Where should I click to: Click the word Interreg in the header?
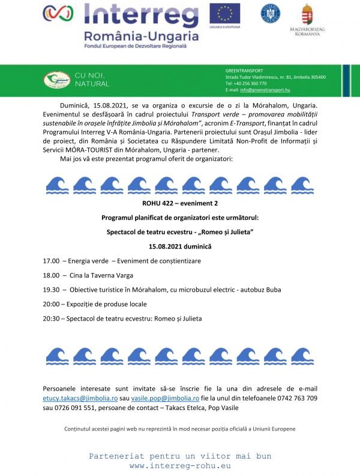click(x=141, y=14)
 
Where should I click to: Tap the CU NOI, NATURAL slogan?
click(x=92, y=79)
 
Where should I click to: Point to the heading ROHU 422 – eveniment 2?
click(x=180, y=204)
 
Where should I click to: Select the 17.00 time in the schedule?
click(x=51, y=262)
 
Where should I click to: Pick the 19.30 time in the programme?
click(x=51, y=289)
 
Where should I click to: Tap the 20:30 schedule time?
click(x=51, y=318)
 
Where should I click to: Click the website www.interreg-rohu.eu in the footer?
click(x=180, y=466)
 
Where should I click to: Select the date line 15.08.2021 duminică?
click(x=180, y=246)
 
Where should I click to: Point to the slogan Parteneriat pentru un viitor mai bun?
click(x=180, y=456)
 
